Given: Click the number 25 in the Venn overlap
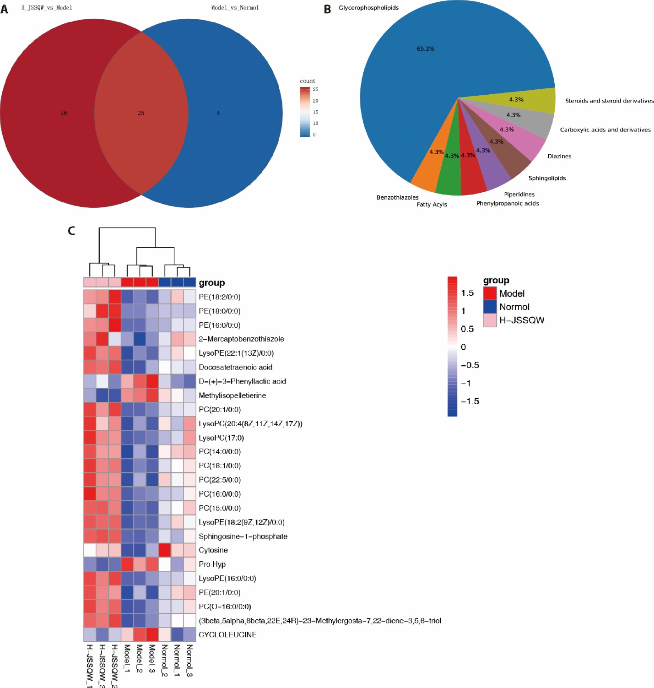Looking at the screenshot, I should (x=141, y=113).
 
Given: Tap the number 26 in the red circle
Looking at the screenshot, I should (x=64, y=113).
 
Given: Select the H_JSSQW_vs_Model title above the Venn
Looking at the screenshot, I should (x=47, y=8).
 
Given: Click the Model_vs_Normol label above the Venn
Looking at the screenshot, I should (x=235, y=8).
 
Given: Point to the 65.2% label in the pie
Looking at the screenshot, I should (x=426, y=49).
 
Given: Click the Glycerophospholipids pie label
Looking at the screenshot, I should (x=368, y=8).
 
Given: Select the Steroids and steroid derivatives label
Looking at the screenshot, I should (x=609, y=101).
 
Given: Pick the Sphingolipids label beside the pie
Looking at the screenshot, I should (x=547, y=179).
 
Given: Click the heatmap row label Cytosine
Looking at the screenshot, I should (x=213, y=550).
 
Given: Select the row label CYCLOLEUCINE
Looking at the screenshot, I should (x=227, y=635).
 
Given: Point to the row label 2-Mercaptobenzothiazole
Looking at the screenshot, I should (x=241, y=339).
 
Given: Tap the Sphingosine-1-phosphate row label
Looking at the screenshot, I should (x=243, y=536).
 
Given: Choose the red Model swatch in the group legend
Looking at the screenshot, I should (x=490, y=293).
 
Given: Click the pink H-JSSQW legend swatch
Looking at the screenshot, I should (x=490, y=320).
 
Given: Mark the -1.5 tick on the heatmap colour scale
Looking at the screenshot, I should (x=470, y=401).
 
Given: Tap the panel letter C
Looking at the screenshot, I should (x=71, y=231).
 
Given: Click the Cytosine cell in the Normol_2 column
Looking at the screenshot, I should (x=164, y=550).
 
